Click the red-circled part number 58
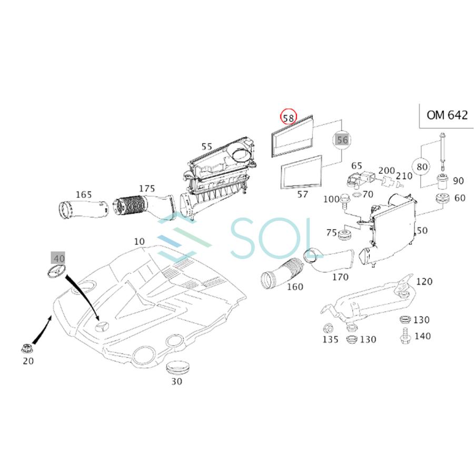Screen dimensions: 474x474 click(x=288, y=117)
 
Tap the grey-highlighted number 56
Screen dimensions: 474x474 click(x=342, y=140)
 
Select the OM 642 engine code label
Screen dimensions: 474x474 click(x=446, y=115)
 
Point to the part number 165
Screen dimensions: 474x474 click(x=83, y=195)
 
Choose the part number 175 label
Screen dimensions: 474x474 click(x=147, y=189)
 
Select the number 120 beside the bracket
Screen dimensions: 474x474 click(x=424, y=282)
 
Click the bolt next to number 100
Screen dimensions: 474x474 click(x=344, y=200)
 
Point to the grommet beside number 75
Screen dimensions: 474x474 click(x=346, y=234)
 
